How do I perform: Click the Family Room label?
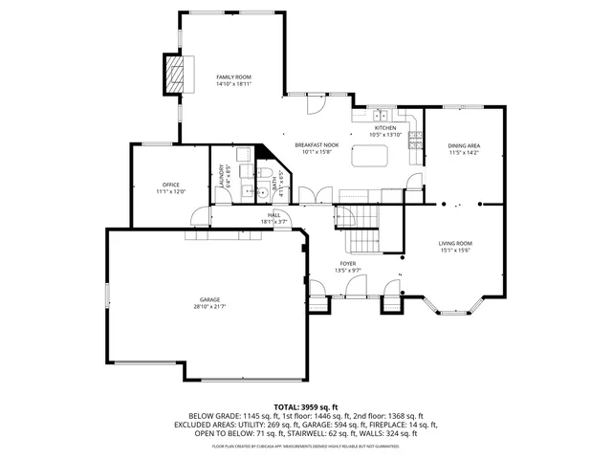coord(232,76)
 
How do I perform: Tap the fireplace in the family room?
coord(174,76)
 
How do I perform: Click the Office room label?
coord(170,185)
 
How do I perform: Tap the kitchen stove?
coord(415,142)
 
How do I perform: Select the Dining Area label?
coord(464,145)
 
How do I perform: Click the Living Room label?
coord(455,244)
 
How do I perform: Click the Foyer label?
coord(348,263)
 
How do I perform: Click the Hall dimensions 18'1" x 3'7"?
coord(273,222)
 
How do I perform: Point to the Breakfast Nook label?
coord(316,144)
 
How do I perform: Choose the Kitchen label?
coord(385,127)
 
